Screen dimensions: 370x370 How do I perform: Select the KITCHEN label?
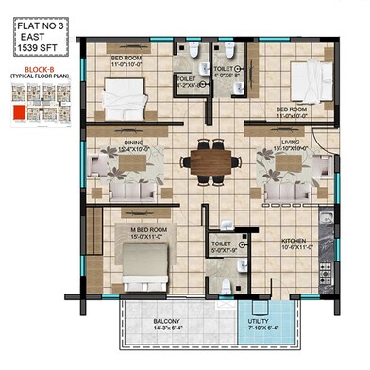pyautogui.click(x=294, y=242)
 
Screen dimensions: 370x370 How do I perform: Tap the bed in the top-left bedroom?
pyautogui.click(x=123, y=94)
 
